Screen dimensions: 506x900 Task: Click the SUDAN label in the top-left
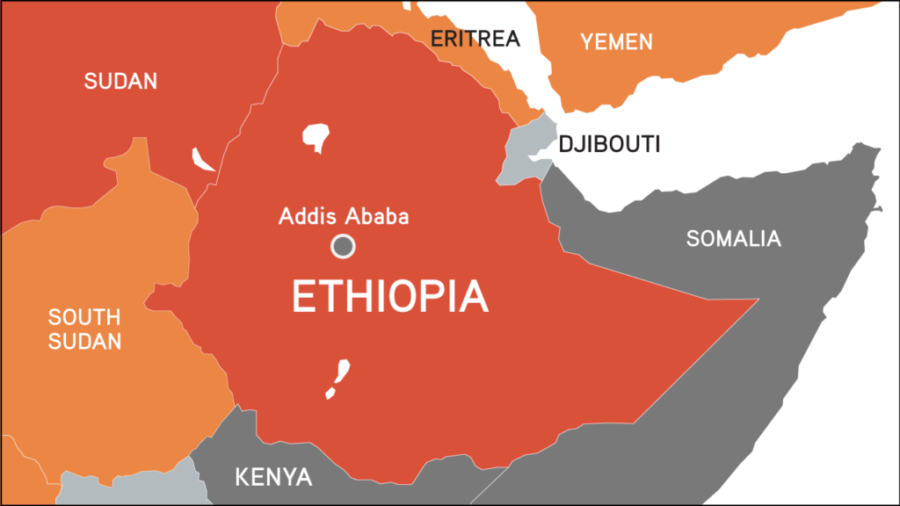point(120,82)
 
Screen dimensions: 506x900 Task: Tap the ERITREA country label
point(475,39)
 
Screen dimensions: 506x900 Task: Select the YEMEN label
point(615,41)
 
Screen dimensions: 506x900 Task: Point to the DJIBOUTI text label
point(609,144)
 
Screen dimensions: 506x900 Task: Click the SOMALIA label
point(733,238)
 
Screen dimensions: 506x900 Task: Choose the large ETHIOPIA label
point(389,296)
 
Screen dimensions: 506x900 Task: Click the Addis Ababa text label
point(344,216)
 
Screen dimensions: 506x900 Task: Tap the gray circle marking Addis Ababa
point(343,247)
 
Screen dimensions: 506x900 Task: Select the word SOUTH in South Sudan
point(84,317)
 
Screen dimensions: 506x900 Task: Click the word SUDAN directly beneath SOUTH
point(84,342)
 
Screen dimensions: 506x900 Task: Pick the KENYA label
point(273,478)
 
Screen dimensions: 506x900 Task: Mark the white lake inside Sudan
point(203,161)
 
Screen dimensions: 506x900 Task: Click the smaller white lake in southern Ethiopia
point(330,392)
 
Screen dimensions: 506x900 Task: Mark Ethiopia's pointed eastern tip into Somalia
point(757,300)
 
